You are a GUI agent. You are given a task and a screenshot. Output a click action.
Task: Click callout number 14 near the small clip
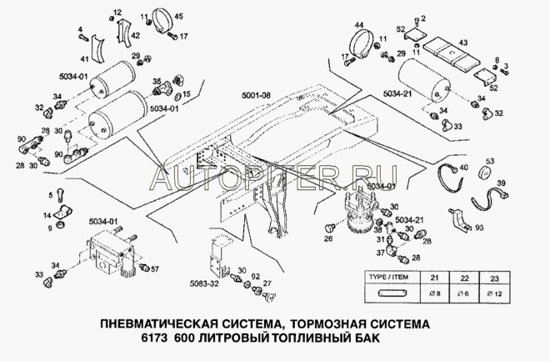pos(49,214)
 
